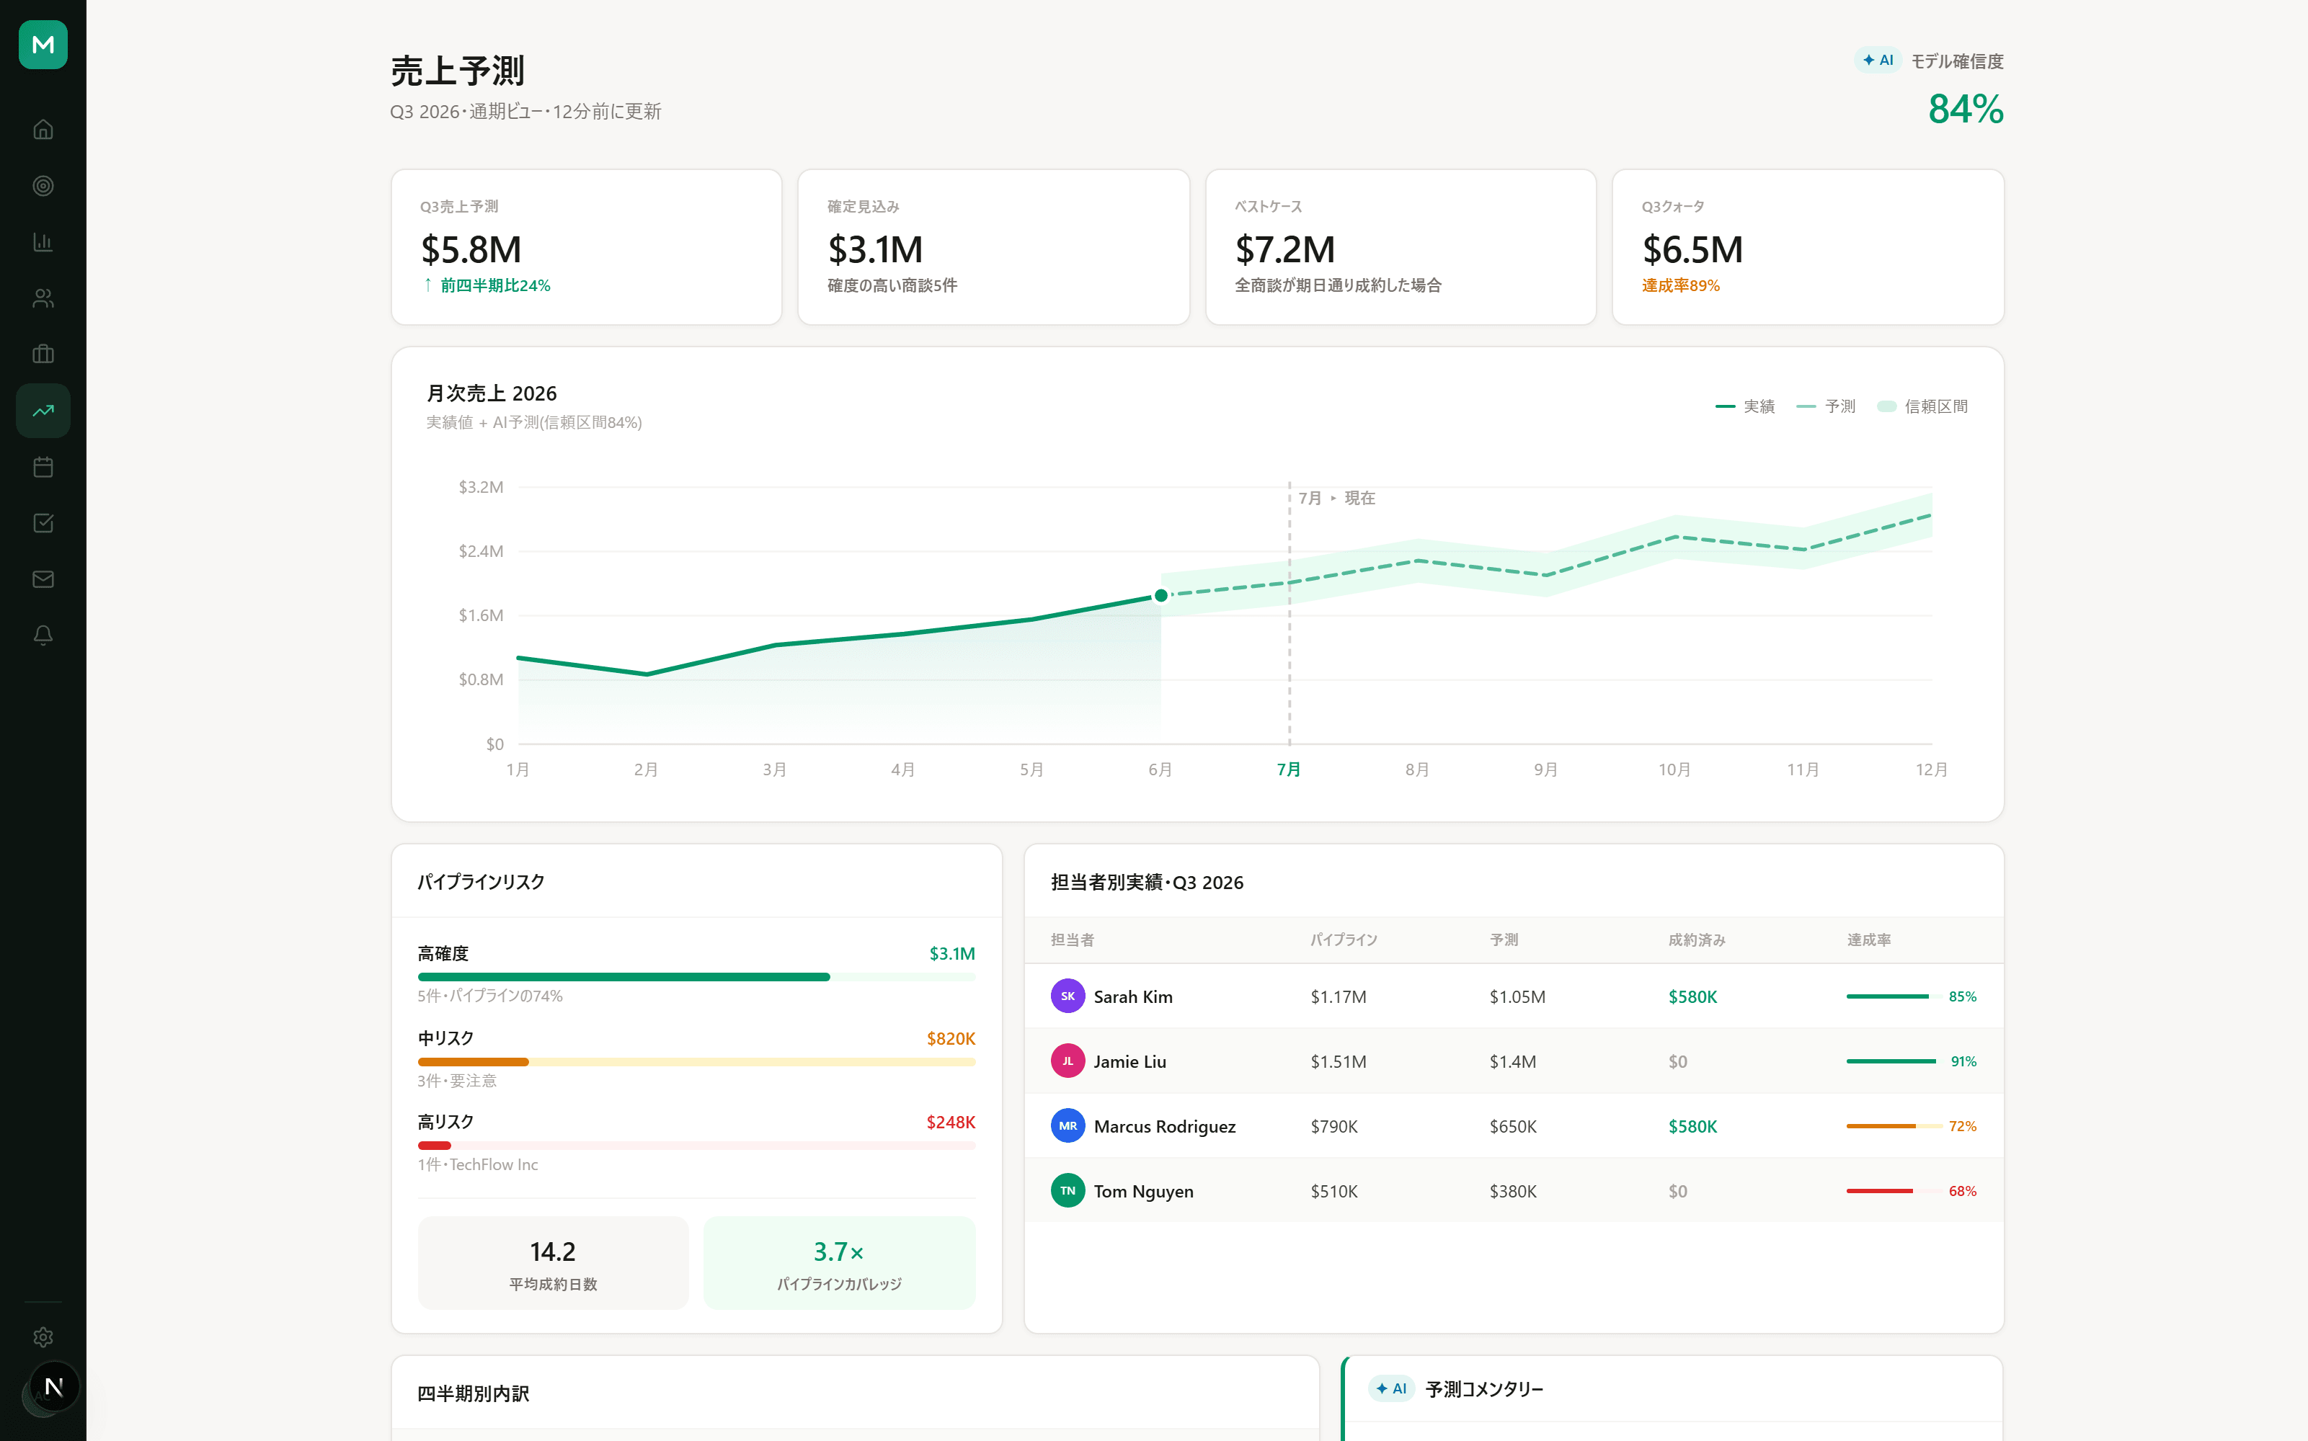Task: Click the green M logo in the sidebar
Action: (x=43, y=45)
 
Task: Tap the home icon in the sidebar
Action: (x=43, y=130)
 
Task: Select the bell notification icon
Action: (x=43, y=635)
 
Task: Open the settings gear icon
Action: (x=43, y=1337)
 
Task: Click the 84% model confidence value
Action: (x=1966, y=109)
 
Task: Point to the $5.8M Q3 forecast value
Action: (x=471, y=250)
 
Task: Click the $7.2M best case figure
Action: (x=1285, y=250)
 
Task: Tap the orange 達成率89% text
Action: (x=1681, y=286)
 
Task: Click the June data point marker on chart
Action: (x=1160, y=596)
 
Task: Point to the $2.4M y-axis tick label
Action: (x=481, y=551)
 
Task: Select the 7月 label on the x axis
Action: (x=1289, y=769)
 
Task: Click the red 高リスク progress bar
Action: (x=435, y=1146)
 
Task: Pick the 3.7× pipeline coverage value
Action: (x=839, y=1252)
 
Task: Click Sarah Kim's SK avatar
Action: (x=1068, y=996)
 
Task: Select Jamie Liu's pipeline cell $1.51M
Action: (x=1339, y=1062)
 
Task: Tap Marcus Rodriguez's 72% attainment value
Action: (x=1962, y=1126)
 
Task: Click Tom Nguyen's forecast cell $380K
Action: (x=1513, y=1191)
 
